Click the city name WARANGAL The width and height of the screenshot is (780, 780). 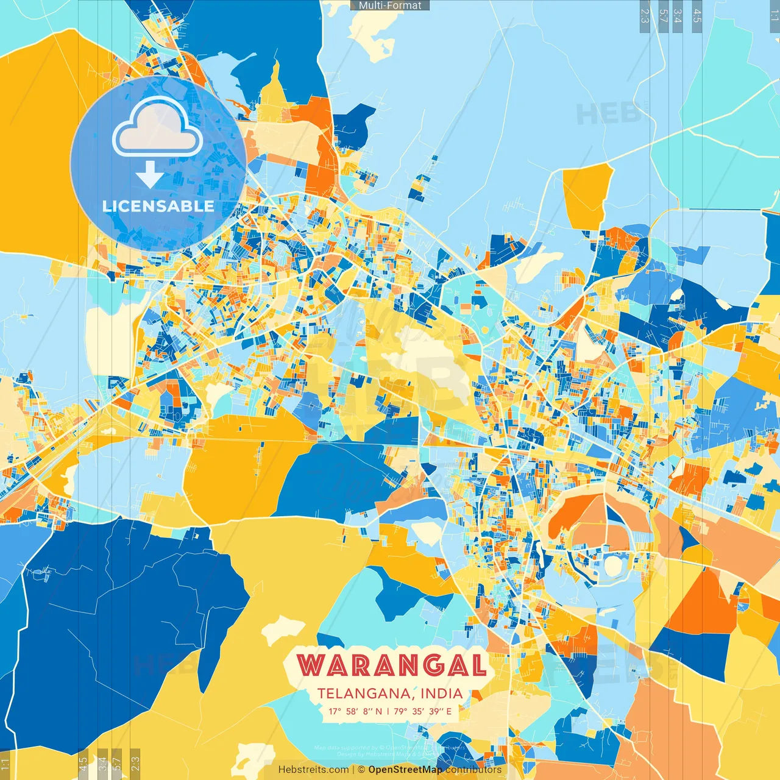click(x=391, y=665)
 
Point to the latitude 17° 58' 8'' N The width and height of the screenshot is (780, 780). click(x=355, y=711)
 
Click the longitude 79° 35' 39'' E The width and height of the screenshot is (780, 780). click(x=423, y=711)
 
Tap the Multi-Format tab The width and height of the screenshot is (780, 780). click(x=390, y=5)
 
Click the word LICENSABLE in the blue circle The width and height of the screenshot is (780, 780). click(x=158, y=206)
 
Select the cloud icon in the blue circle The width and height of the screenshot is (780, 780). click(x=158, y=127)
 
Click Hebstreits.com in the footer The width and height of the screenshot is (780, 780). click(x=313, y=770)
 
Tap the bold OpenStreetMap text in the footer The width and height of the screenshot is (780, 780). click(x=405, y=770)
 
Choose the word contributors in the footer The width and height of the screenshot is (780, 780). click(x=473, y=770)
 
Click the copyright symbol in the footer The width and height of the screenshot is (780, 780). click(x=361, y=770)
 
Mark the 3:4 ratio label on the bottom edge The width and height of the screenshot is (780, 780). click(x=102, y=763)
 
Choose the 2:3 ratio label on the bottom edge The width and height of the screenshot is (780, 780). click(x=135, y=763)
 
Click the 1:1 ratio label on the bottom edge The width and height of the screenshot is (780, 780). click(x=5, y=763)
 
